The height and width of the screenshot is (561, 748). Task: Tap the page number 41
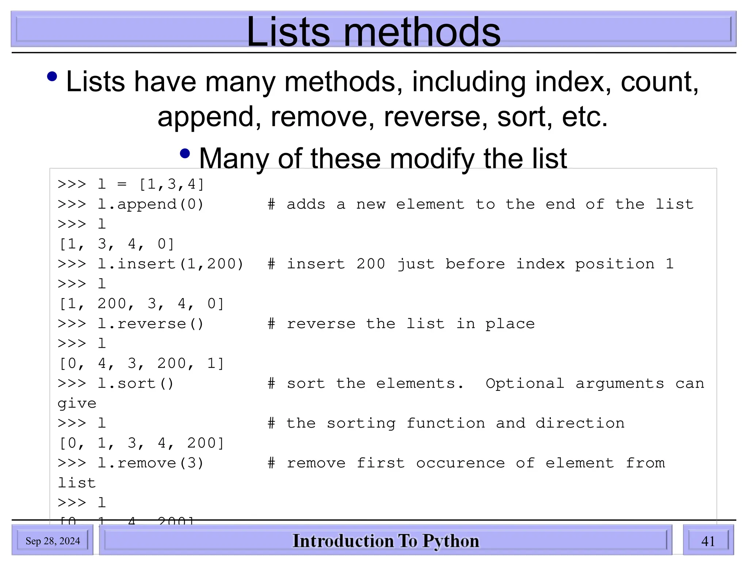(708, 541)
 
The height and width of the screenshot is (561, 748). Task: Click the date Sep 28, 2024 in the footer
(53, 541)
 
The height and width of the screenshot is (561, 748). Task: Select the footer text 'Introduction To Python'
(386, 541)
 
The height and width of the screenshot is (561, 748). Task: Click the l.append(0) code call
(150, 204)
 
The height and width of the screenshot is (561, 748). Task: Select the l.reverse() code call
(150, 324)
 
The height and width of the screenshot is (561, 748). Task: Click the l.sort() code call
(136, 383)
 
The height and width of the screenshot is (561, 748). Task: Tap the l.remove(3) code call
(150, 463)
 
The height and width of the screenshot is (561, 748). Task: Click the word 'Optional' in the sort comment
(525, 383)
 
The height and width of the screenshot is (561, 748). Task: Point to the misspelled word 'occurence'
(461, 463)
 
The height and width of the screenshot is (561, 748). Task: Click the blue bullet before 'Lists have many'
(52, 76)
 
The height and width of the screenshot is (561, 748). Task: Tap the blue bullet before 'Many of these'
(185, 153)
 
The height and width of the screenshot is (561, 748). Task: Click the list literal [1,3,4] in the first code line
(171, 184)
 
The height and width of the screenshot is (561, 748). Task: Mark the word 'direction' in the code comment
(580, 423)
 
